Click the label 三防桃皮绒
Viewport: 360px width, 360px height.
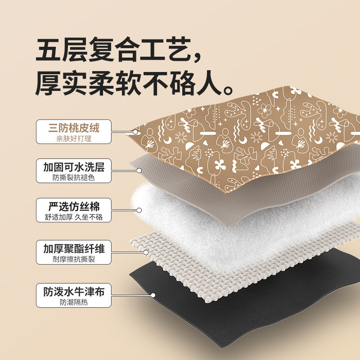[74, 128]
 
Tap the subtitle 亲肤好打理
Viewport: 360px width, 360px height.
[74, 139]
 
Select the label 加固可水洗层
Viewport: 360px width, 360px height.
[74, 167]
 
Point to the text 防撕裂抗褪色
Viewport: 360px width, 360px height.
[74, 178]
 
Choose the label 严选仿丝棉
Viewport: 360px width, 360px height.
[74, 207]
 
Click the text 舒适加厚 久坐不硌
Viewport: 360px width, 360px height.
[74, 217]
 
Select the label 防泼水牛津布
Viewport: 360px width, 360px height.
[74, 292]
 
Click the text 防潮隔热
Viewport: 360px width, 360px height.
[74, 302]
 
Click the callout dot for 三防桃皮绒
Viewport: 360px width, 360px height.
[135, 132]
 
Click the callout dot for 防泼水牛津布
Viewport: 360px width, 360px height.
[153, 296]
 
